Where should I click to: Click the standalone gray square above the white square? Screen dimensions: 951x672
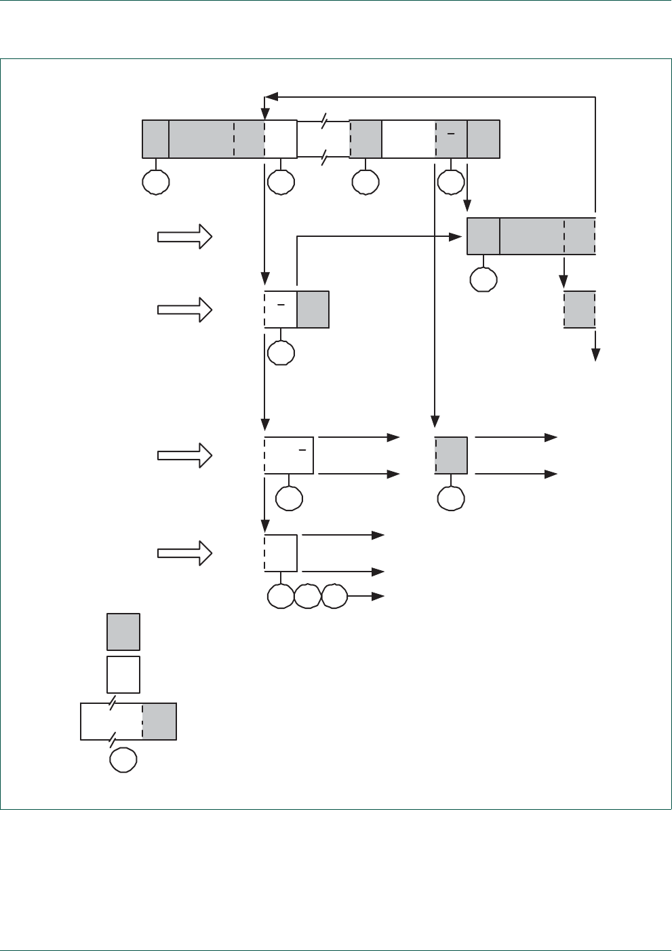tap(123, 632)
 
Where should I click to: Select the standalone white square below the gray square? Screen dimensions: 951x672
tap(123, 674)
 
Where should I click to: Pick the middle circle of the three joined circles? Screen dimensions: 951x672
tap(308, 595)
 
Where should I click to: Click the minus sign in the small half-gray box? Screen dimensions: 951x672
tap(280, 305)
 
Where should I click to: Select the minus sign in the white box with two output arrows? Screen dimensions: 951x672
tap(303, 449)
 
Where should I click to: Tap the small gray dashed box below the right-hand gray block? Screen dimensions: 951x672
tap(580, 310)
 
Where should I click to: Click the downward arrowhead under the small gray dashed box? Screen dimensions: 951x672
tap(595, 355)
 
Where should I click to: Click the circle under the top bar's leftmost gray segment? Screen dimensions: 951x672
tap(156, 182)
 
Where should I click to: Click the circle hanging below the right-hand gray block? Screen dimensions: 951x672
tap(483, 279)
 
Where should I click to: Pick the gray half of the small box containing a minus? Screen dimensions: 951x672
tap(313, 310)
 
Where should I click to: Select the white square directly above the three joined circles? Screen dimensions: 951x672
tap(281, 553)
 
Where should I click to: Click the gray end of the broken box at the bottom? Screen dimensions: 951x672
tap(159, 722)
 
